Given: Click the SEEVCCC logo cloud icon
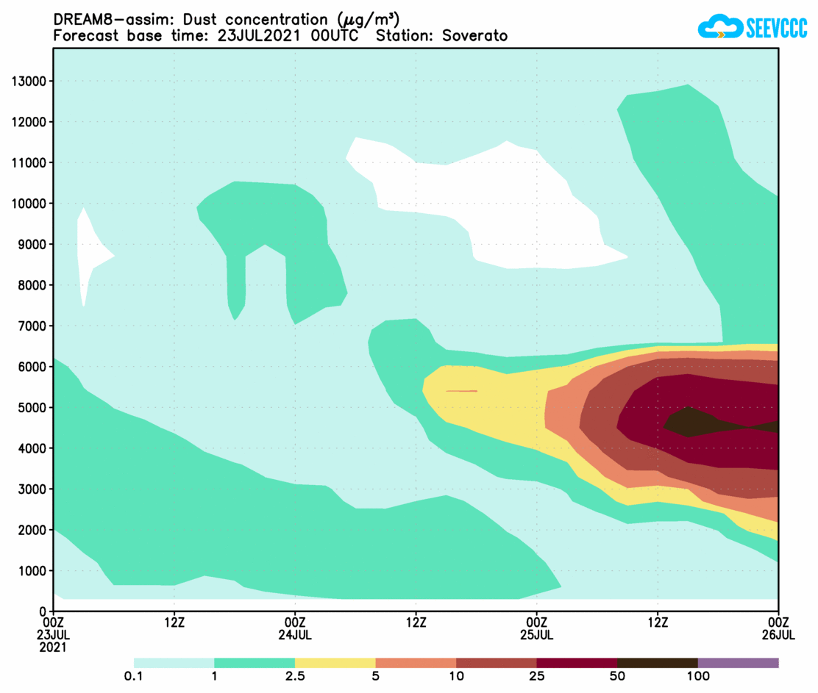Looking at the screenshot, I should [x=717, y=27].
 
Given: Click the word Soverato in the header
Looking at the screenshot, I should [x=480, y=35].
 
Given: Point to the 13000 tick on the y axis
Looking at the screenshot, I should [x=29, y=81].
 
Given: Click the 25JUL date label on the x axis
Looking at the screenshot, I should [x=536, y=634].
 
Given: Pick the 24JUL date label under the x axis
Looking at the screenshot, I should [x=295, y=634].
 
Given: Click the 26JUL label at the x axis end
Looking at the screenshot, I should [x=778, y=634].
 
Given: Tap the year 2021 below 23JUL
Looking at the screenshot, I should [x=54, y=647].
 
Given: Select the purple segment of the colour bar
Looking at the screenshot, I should [x=738, y=663].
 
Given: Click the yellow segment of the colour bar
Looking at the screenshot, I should [x=335, y=663].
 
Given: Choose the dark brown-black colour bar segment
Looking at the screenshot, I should [x=657, y=663].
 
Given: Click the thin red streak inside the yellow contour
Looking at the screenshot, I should [x=461, y=391].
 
